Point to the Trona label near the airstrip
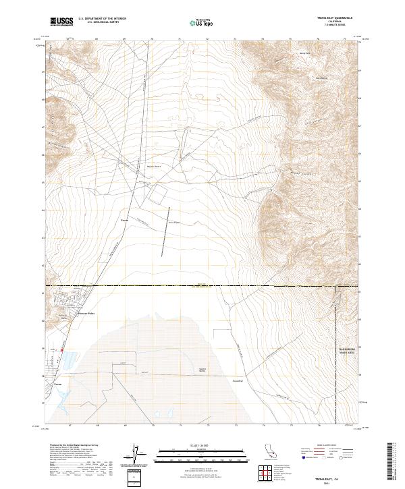pyautogui.click(x=124, y=220)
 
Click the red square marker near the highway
pyautogui.click(x=62, y=350)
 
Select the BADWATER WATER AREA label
pyautogui.click(x=346, y=349)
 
